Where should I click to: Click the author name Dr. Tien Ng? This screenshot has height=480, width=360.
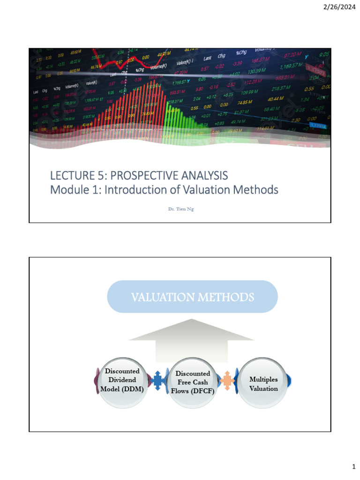point(180,209)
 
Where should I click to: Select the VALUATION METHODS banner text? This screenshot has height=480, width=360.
point(193,297)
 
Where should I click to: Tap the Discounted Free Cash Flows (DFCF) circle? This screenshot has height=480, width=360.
point(193,382)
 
